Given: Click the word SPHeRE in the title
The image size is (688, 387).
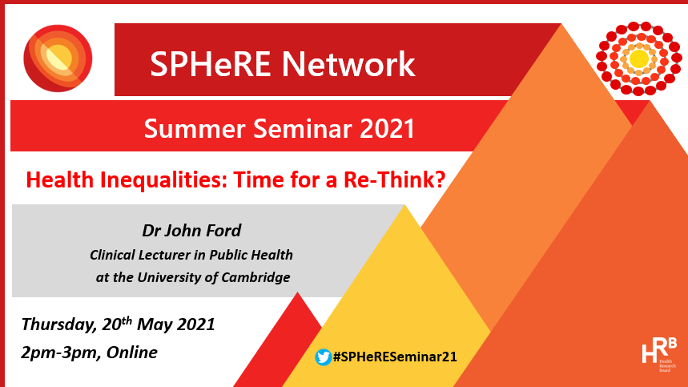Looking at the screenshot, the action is coord(210,64).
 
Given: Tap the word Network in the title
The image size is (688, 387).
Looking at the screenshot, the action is coord(348,64).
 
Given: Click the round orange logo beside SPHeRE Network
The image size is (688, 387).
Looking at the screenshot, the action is coord(58,58).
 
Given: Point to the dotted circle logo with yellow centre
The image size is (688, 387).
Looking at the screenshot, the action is coord(639,58).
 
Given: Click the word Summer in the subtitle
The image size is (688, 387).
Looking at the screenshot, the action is coord(195,129).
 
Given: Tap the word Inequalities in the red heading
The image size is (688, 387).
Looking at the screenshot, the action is coord(163,180).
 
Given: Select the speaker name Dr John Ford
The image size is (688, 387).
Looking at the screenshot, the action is coord(191,231).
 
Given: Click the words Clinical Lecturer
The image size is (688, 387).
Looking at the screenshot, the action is coord(142,255).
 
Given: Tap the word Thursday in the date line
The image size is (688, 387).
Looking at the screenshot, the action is coord(58,325).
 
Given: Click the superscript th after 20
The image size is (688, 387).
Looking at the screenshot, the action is coord(127,320).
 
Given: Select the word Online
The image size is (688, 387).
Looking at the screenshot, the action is coord(131,353).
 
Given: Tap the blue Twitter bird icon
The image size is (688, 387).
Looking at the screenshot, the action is coord(324,357).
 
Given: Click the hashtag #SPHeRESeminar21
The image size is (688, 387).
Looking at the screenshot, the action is coord(395,357).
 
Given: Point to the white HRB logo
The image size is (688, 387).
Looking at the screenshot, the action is coord(659,354).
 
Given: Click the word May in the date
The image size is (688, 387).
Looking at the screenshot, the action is coord(155,325).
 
